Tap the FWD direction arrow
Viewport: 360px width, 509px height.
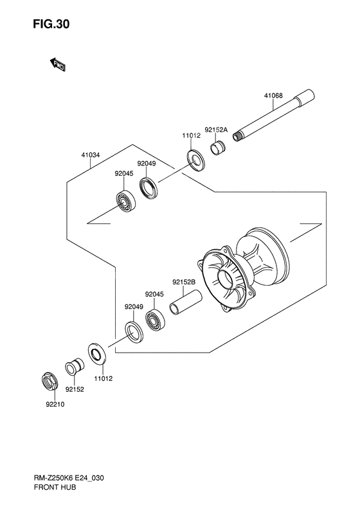point(57,64)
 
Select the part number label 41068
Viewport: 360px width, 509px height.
point(273,96)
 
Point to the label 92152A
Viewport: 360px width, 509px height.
point(216,129)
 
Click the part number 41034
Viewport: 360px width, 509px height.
point(91,155)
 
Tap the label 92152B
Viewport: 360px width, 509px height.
point(183,281)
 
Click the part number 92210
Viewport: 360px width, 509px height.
point(55,405)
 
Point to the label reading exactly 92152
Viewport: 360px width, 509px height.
point(75,389)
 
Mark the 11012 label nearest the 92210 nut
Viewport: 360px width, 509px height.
point(103,378)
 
